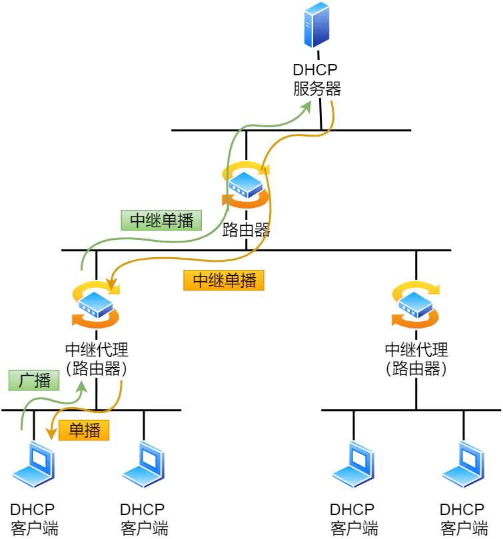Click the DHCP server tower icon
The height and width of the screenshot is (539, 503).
click(317, 25)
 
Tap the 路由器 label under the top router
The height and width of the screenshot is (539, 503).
click(247, 231)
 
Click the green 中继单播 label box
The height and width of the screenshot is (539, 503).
click(161, 221)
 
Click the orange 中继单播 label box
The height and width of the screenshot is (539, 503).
click(224, 280)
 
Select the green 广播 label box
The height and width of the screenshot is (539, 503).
click(34, 380)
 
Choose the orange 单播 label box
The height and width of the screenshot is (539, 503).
click(84, 430)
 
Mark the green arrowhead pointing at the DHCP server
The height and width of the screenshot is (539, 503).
click(307, 108)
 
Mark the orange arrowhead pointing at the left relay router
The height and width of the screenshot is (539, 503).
click(114, 288)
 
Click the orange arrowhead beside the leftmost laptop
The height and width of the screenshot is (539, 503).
click(51, 434)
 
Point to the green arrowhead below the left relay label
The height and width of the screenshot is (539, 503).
click(82, 386)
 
